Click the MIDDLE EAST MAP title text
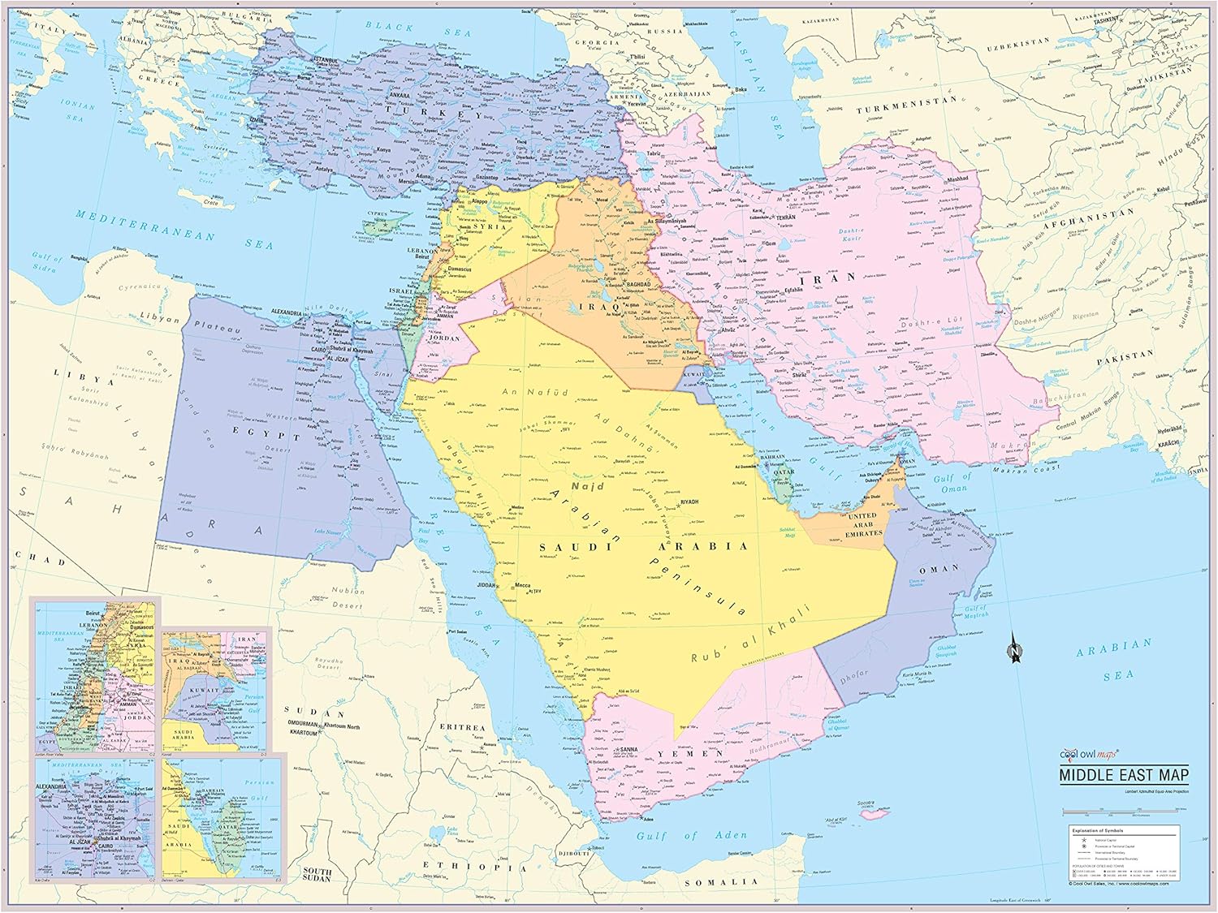coord(1124,774)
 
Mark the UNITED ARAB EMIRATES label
coord(864,524)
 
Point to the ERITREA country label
coord(462,728)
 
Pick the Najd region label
coord(588,485)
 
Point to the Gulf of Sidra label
coord(45,262)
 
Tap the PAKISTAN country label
coord(1125,355)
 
